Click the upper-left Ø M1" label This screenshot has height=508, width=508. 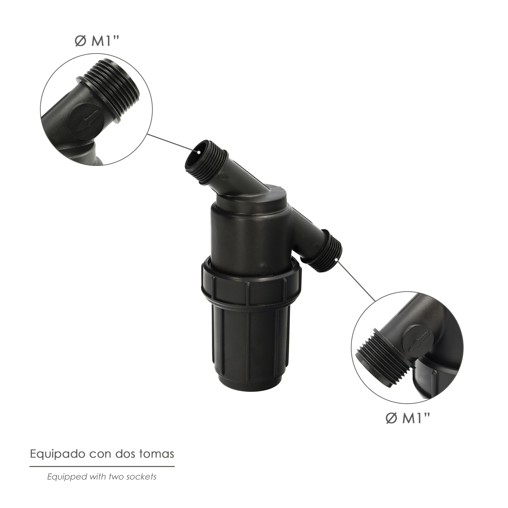point(98,41)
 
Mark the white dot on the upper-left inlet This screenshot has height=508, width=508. point(199,152)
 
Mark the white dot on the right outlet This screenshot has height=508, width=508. point(336,260)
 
